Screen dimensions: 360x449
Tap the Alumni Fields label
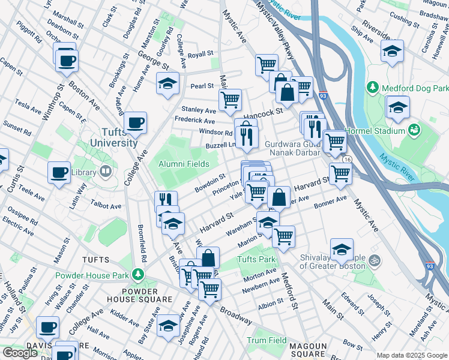point(184,164)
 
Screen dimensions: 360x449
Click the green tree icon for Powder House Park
point(139,275)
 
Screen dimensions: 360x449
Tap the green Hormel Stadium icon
point(414,130)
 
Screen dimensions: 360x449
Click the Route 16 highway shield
point(347,160)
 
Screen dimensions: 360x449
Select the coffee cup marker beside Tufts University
point(135,123)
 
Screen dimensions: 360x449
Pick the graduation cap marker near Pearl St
point(167,83)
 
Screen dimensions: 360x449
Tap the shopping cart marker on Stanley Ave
point(229,100)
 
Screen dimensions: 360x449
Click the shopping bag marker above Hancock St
point(288,92)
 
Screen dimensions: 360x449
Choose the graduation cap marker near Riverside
point(392,51)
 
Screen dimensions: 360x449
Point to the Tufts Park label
point(256,260)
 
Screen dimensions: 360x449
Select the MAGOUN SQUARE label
point(308,350)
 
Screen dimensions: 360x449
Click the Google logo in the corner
point(19,353)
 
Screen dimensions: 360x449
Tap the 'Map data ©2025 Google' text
point(412,355)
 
